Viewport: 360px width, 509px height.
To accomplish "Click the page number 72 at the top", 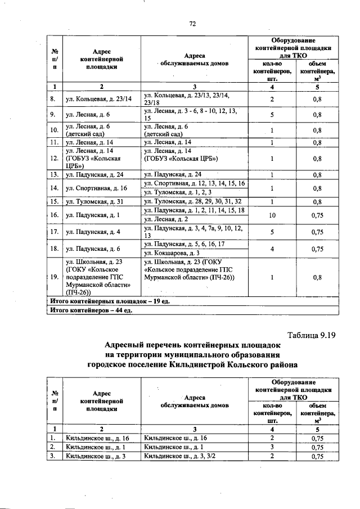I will point(192,23).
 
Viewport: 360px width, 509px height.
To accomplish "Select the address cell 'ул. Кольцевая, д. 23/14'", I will point(98,98).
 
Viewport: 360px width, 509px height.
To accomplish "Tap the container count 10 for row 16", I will point(272,214).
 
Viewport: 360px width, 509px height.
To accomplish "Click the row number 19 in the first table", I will point(53,277).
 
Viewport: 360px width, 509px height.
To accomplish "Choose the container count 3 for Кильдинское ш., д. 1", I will point(272,447).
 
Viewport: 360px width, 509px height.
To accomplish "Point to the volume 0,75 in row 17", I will point(317,231).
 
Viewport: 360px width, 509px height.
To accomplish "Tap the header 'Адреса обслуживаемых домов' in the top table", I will point(194,60).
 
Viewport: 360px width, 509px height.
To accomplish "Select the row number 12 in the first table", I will point(53,159).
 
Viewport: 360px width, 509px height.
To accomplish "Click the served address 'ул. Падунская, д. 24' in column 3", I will point(173,174).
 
